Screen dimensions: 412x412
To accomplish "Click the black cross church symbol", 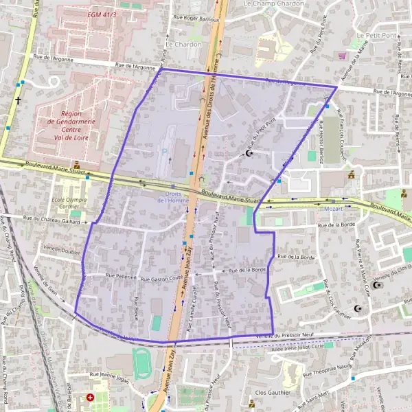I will pyautogui.click(x=18, y=100).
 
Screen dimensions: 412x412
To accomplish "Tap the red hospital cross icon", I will pyautogui.click(x=91, y=398).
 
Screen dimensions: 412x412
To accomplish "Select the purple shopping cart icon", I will pyautogui.click(x=342, y=56).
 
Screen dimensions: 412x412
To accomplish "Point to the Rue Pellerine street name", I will pyautogui.click(x=121, y=276).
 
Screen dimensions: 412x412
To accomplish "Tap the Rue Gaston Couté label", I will pyautogui.click(x=161, y=279).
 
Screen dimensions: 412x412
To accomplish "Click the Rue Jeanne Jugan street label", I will pyautogui.click(x=108, y=375).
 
